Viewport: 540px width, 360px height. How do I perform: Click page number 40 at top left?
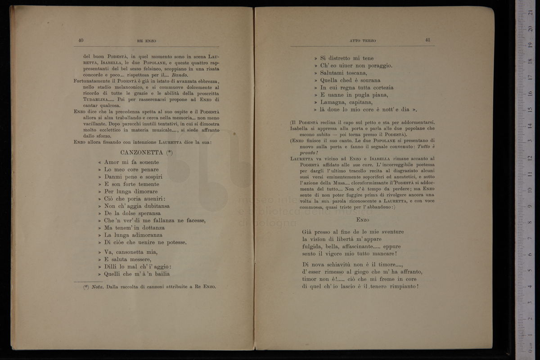pyautogui.click(x=81, y=40)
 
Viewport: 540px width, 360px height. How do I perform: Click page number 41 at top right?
pyautogui.click(x=427, y=40)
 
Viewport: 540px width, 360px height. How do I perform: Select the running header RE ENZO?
pyautogui.click(x=146, y=41)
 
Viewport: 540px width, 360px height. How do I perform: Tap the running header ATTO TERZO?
pyautogui.click(x=363, y=41)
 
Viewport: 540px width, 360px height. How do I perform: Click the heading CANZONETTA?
pyautogui.click(x=142, y=153)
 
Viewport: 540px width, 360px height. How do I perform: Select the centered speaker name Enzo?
pyautogui.click(x=362, y=220)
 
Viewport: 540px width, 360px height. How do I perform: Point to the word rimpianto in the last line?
pyautogui.click(x=401, y=286)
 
